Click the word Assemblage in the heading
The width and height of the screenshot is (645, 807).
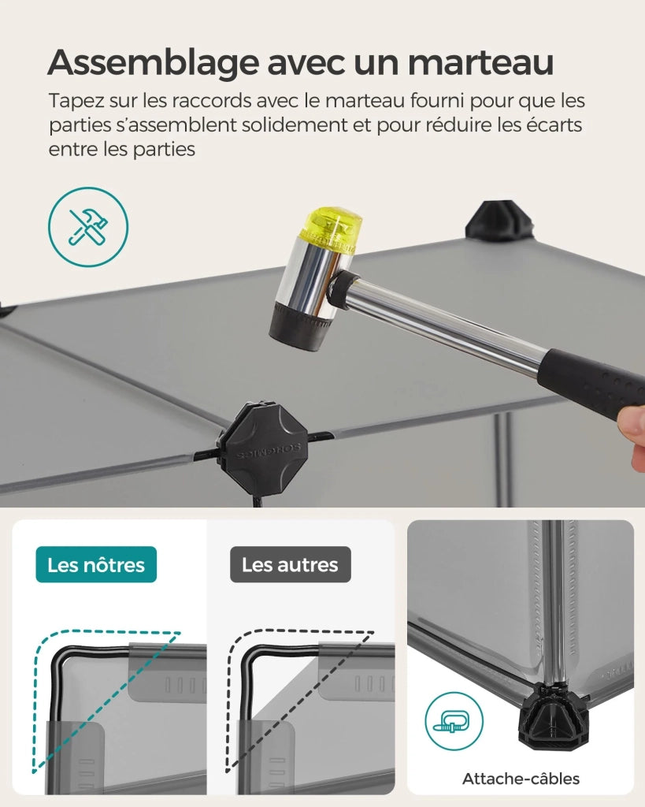154,63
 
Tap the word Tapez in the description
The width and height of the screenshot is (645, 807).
76,102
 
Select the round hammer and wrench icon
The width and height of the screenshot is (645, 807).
88,227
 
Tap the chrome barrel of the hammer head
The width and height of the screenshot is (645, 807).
309,278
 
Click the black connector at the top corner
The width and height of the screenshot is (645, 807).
500,221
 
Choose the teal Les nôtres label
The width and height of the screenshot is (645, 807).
96,564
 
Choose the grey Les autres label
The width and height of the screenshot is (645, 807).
290,564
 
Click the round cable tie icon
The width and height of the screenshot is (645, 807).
454,720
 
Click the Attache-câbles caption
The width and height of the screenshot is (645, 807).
521,778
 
